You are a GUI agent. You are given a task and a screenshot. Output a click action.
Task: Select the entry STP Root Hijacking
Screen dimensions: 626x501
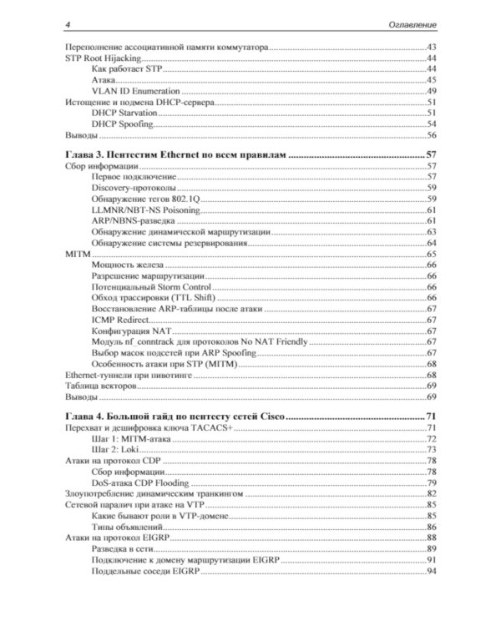click(104, 60)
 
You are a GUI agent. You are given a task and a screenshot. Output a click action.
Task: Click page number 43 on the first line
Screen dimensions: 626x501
click(432, 48)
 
